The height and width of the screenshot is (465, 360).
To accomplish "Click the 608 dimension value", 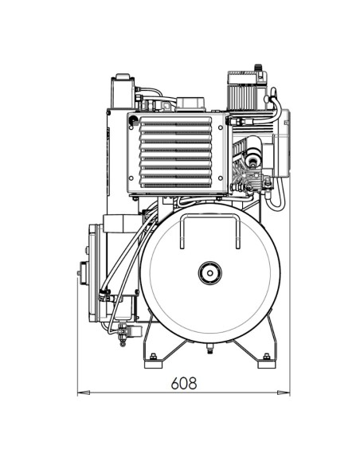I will point(183,382).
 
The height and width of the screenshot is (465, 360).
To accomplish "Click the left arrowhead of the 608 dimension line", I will point(80,393).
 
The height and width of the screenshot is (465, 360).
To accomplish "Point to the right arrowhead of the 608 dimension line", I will point(288,393).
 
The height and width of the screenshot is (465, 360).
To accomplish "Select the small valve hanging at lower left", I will point(122,334).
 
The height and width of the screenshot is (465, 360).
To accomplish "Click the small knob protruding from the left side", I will point(80,273).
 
